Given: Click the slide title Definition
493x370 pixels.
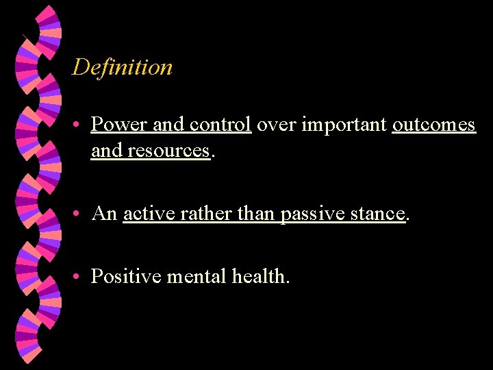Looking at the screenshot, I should [x=123, y=67].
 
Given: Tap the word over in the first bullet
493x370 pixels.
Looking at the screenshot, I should [x=276, y=125].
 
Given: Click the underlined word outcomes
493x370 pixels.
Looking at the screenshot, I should [x=433, y=125].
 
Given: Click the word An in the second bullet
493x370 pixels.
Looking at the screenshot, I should [x=104, y=214].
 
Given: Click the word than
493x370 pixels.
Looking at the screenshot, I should [x=257, y=214].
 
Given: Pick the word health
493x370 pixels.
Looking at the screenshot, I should [x=260, y=277].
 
